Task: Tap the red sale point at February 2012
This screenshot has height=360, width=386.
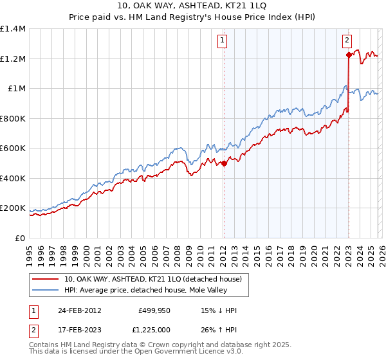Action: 224,163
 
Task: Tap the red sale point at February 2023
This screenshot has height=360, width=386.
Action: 349,55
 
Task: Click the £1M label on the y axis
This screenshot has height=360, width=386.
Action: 17,89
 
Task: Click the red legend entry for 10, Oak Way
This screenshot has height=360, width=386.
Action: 152,279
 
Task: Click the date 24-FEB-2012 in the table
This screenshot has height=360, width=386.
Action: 78,310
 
